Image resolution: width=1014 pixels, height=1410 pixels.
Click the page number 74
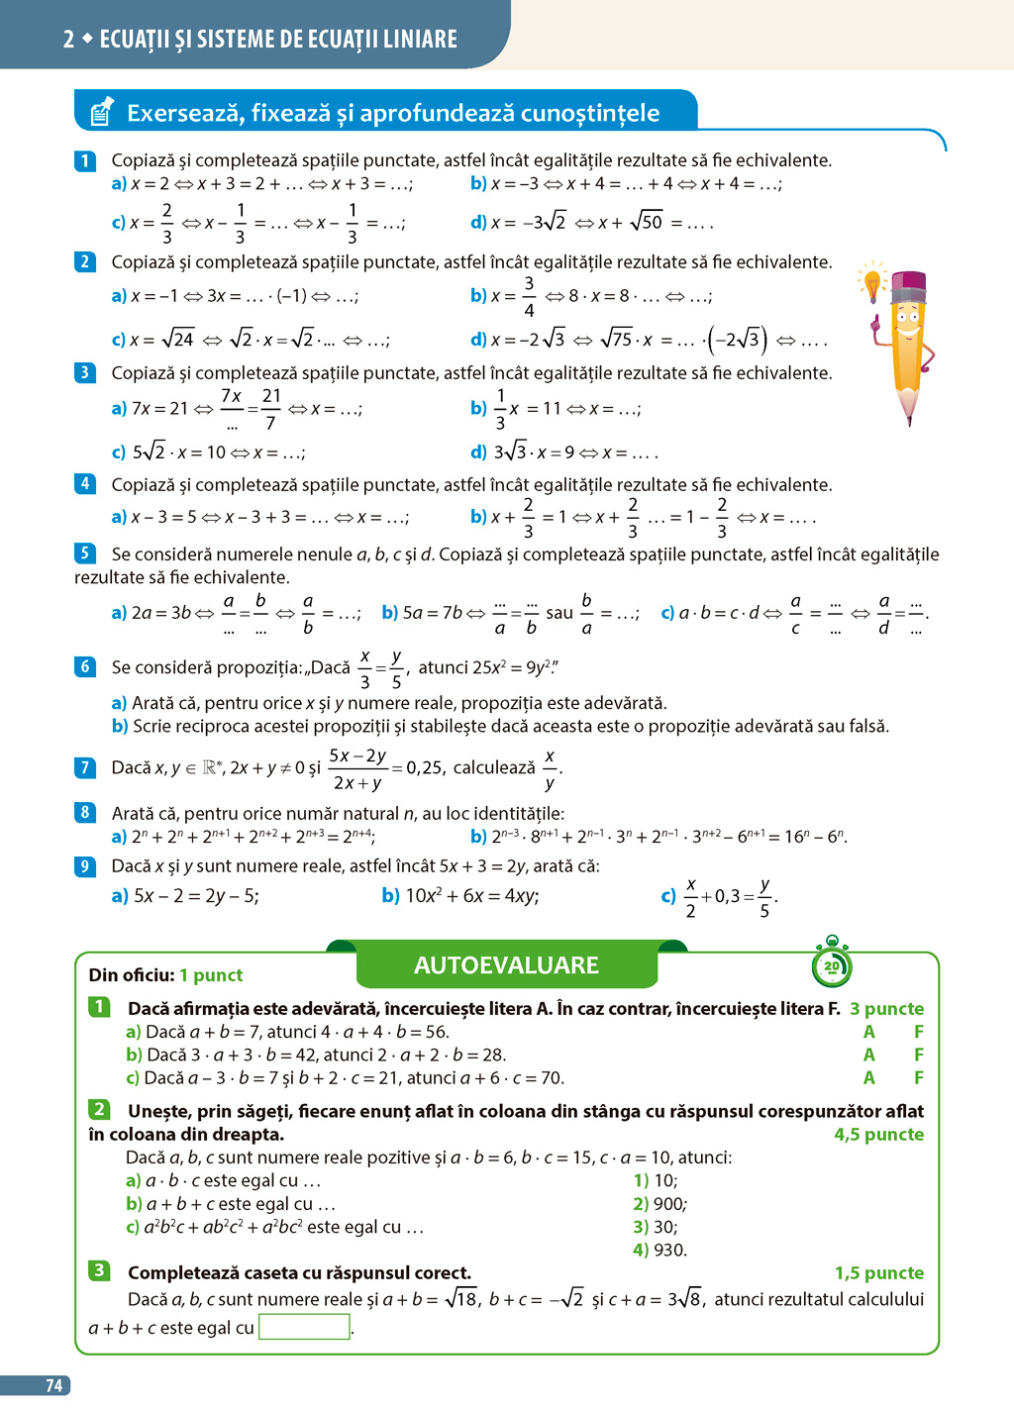[x=54, y=1385]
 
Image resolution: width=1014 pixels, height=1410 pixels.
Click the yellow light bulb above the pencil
[x=872, y=282]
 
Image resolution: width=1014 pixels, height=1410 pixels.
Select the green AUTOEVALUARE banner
[x=506, y=965]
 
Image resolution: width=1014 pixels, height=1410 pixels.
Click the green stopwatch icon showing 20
[x=831, y=965]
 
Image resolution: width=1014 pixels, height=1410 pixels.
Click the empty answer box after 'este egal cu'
[x=304, y=1327]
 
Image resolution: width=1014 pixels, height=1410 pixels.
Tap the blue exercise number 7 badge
[x=85, y=767]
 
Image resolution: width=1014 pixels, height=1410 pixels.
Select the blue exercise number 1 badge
[x=85, y=160]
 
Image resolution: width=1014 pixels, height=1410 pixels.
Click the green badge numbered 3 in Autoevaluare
[x=99, y=1270]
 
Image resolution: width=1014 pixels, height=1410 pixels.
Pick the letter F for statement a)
[x=919, y=1032]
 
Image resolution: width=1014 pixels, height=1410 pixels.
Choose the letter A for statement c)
[x=868, y=1077]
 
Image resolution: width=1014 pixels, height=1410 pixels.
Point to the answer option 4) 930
[x=659, y=1250]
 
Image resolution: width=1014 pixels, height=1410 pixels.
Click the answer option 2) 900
[x=659, y=1204]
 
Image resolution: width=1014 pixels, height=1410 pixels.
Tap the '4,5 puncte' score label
[x=878, y=1135]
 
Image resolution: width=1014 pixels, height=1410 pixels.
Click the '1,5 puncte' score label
[x=878, y=1273]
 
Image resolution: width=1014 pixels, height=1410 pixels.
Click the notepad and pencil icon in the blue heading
[x=101, y=112]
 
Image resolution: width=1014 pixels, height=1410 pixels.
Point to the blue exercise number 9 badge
[x=85, y=866]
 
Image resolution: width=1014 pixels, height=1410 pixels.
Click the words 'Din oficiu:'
[x=132, y=975]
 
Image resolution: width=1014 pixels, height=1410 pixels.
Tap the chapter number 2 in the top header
[x=68, y=40]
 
